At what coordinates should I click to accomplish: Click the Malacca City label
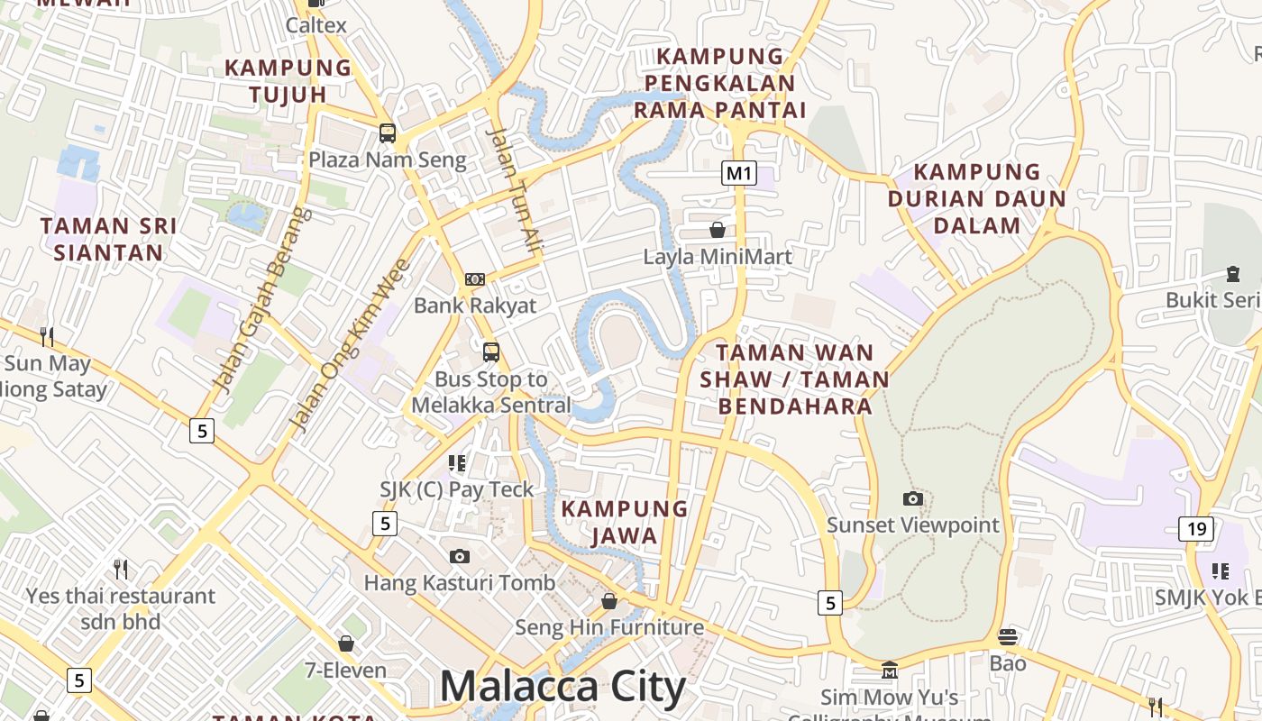click(562, 688)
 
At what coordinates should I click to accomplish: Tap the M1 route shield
click(738, 173)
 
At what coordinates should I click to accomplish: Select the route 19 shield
click(1195, 529)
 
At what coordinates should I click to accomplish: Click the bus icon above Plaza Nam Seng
click(388, 133)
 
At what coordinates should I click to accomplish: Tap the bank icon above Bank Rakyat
click(475, 279)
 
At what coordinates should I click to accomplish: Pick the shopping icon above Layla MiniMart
click(718, 231)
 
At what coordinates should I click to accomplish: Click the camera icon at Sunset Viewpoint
click(913, 499)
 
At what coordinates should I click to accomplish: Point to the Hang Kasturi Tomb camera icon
click(460, 557)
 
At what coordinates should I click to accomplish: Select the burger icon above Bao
click(1008, 637)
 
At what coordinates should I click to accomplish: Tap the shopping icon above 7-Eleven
click(346, 643)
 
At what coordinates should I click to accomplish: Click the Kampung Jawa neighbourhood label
click(625, 522)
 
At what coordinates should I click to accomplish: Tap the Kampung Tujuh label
click(288, 80)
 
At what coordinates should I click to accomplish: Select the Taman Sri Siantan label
click(108, 239)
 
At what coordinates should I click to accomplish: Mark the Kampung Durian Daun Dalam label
click(977, 198)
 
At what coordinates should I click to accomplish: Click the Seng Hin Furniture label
click(609, 627)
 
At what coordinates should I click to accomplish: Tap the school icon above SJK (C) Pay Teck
click(457, 463)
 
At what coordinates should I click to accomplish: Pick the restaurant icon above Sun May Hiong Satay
click(47, 337)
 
